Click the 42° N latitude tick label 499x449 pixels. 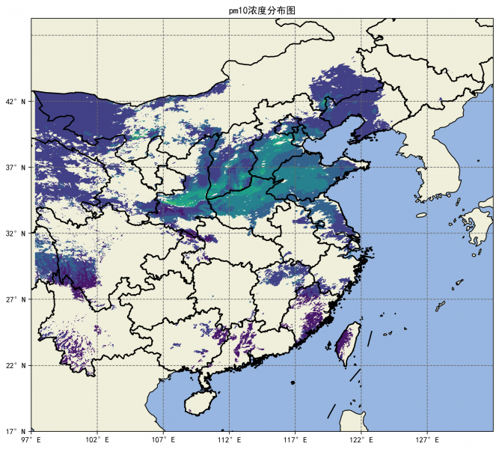[18, 101]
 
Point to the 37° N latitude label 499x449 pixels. [18, 167]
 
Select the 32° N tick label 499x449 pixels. [18, 233]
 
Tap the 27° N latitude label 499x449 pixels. [18, 299]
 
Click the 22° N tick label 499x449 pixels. [18, 365]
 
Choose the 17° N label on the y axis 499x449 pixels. [18, 431]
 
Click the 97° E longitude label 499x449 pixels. [31, 440]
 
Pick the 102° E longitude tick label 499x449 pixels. [97, 440]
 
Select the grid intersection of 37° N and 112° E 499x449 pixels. [229, 167]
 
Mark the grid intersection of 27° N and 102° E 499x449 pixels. [97, 299]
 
